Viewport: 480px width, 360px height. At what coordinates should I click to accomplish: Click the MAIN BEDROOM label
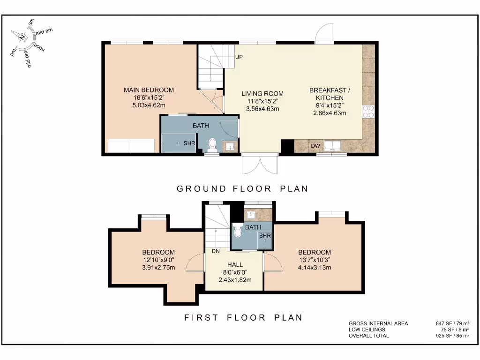[149, 90]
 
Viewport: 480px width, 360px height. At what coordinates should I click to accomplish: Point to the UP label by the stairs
[239, 57]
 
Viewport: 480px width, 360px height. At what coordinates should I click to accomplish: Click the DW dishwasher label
[315, 146]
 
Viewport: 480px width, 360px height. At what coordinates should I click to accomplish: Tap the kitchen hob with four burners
[368, 111]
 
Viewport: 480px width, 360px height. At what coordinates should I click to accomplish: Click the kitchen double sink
[334, 145]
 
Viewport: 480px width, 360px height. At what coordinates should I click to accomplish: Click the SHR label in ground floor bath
[189, 143]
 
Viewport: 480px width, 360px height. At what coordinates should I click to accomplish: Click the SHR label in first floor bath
[265, 236]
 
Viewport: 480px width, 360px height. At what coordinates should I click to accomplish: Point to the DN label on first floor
[216, 251]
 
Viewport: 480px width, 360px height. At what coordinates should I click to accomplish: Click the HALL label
[235, 265]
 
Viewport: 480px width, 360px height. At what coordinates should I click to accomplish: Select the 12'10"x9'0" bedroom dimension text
[158, 260]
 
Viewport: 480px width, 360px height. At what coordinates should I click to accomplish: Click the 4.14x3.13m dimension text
[315, 268]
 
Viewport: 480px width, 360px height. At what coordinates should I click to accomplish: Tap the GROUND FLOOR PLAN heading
[242, 189]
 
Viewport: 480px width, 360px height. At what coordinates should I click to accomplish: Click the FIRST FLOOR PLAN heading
[243, 318]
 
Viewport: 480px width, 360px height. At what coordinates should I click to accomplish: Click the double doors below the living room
[261, 165]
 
